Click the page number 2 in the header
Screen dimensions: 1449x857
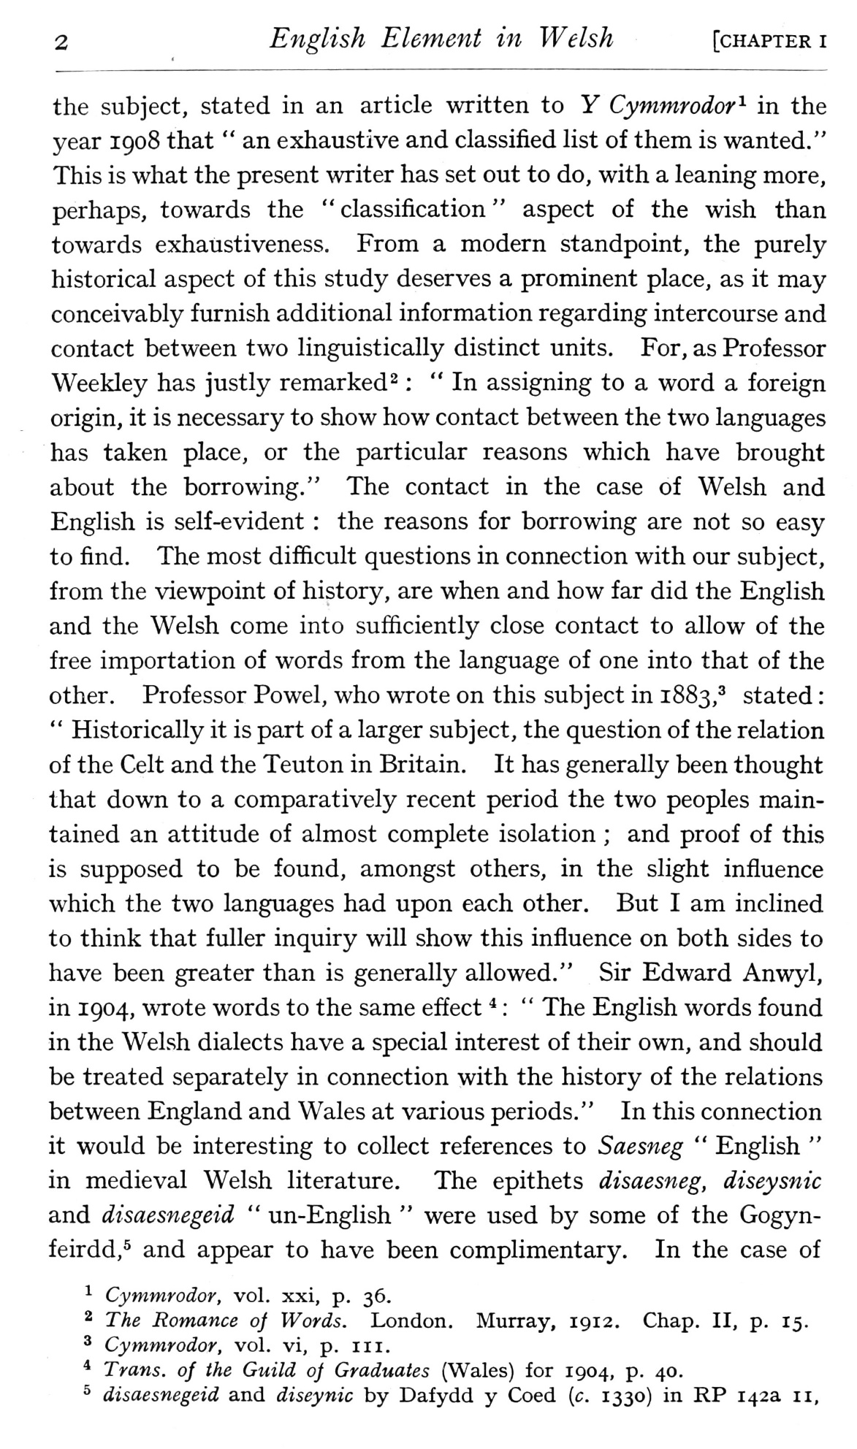(61, 43)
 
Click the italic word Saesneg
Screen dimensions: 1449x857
(641, 1147)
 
